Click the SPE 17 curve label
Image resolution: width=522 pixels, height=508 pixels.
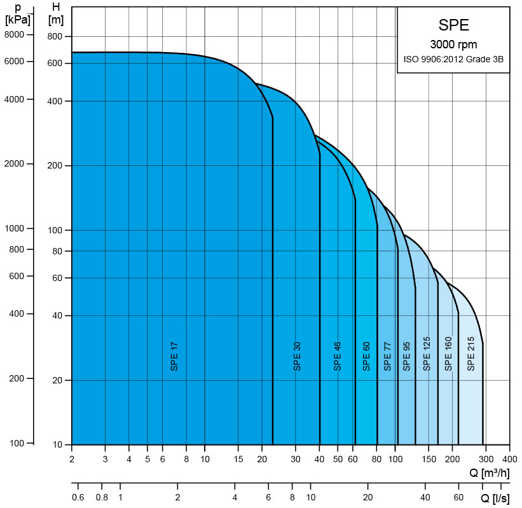pos(174,356)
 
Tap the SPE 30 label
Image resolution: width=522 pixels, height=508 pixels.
pos(297,356)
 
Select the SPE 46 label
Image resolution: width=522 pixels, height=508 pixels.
pos(338,356)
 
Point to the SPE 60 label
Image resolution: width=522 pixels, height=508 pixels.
pos(366,356)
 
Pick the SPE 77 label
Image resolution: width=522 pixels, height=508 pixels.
pos(387,356)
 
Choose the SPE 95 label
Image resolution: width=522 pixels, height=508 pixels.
pos(407,356)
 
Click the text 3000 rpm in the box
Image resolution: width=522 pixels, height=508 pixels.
pos(453,45)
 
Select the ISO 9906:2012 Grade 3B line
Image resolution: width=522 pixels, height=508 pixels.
pos(453,59)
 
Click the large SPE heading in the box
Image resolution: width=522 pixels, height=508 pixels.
pos(453,25)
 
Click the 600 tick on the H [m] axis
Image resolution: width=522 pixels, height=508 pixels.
pos(55,64)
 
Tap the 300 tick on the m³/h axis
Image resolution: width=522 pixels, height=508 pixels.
pos(486,458)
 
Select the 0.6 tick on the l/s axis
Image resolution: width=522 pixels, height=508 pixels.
pos(78,497)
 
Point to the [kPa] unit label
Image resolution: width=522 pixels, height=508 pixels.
pos(17,20)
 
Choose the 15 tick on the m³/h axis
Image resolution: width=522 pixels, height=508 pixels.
pos(238,458)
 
